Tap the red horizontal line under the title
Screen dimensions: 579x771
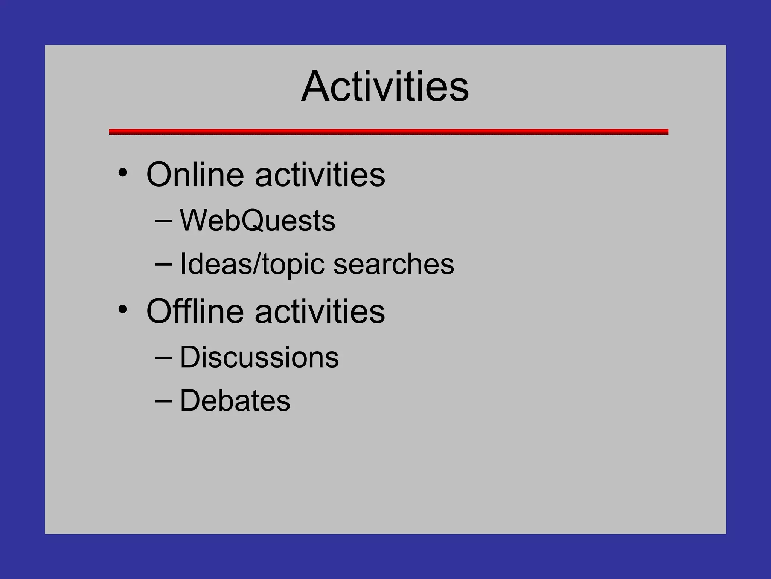(389, 132)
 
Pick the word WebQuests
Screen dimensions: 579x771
(258, 221)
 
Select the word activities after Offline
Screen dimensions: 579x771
(320, 311)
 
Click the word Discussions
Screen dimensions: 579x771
(259, 357)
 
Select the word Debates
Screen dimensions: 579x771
(235, 401)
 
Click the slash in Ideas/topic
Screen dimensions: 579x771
(257, 264)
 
